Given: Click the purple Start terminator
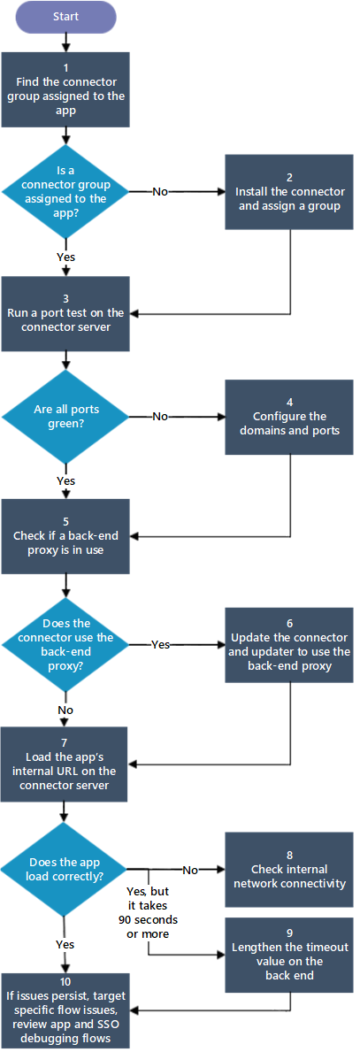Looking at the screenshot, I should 65,16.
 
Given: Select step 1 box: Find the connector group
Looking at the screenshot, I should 65,89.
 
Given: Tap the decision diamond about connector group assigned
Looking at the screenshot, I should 65,191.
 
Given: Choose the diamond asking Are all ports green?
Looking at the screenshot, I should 65,415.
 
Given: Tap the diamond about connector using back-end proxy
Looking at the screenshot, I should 65,644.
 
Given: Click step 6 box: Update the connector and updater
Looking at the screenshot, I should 289,645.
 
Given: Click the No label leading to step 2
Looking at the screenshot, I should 160,191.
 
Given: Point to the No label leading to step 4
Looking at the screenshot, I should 160,416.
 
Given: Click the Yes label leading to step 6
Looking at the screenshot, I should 162,645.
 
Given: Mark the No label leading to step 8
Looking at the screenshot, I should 189,870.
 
